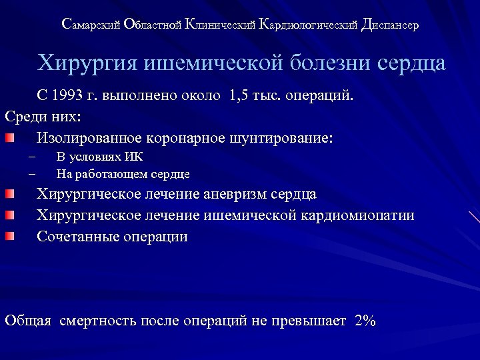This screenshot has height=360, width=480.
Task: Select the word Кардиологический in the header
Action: [303, 25]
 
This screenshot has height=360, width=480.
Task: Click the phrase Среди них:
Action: [43, 117]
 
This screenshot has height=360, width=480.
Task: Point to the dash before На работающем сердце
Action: [31, 175]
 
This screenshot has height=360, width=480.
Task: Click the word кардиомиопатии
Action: [352, 215]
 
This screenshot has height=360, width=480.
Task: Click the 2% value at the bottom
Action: [366, 321]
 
